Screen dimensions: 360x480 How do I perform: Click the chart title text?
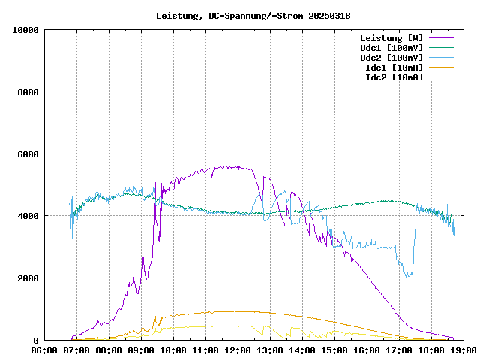(253, 16)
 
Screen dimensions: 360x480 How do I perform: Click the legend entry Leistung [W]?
(391, 37)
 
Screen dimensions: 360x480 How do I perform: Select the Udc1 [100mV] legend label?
(391, 47)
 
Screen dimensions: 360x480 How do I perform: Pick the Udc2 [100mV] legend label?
(391, 57)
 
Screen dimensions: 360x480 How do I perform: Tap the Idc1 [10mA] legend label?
(394, 67)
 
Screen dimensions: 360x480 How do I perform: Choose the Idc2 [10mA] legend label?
(394, 76)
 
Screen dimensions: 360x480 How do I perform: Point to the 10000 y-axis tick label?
(25, 31)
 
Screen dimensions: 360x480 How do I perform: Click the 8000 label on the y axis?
(28, 92)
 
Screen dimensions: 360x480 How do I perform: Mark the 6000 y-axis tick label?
(28, 154)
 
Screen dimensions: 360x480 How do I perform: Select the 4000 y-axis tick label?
(28, 217)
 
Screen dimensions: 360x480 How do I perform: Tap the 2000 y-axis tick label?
(28, 278)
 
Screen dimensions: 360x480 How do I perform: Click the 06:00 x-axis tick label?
(44, 349)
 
